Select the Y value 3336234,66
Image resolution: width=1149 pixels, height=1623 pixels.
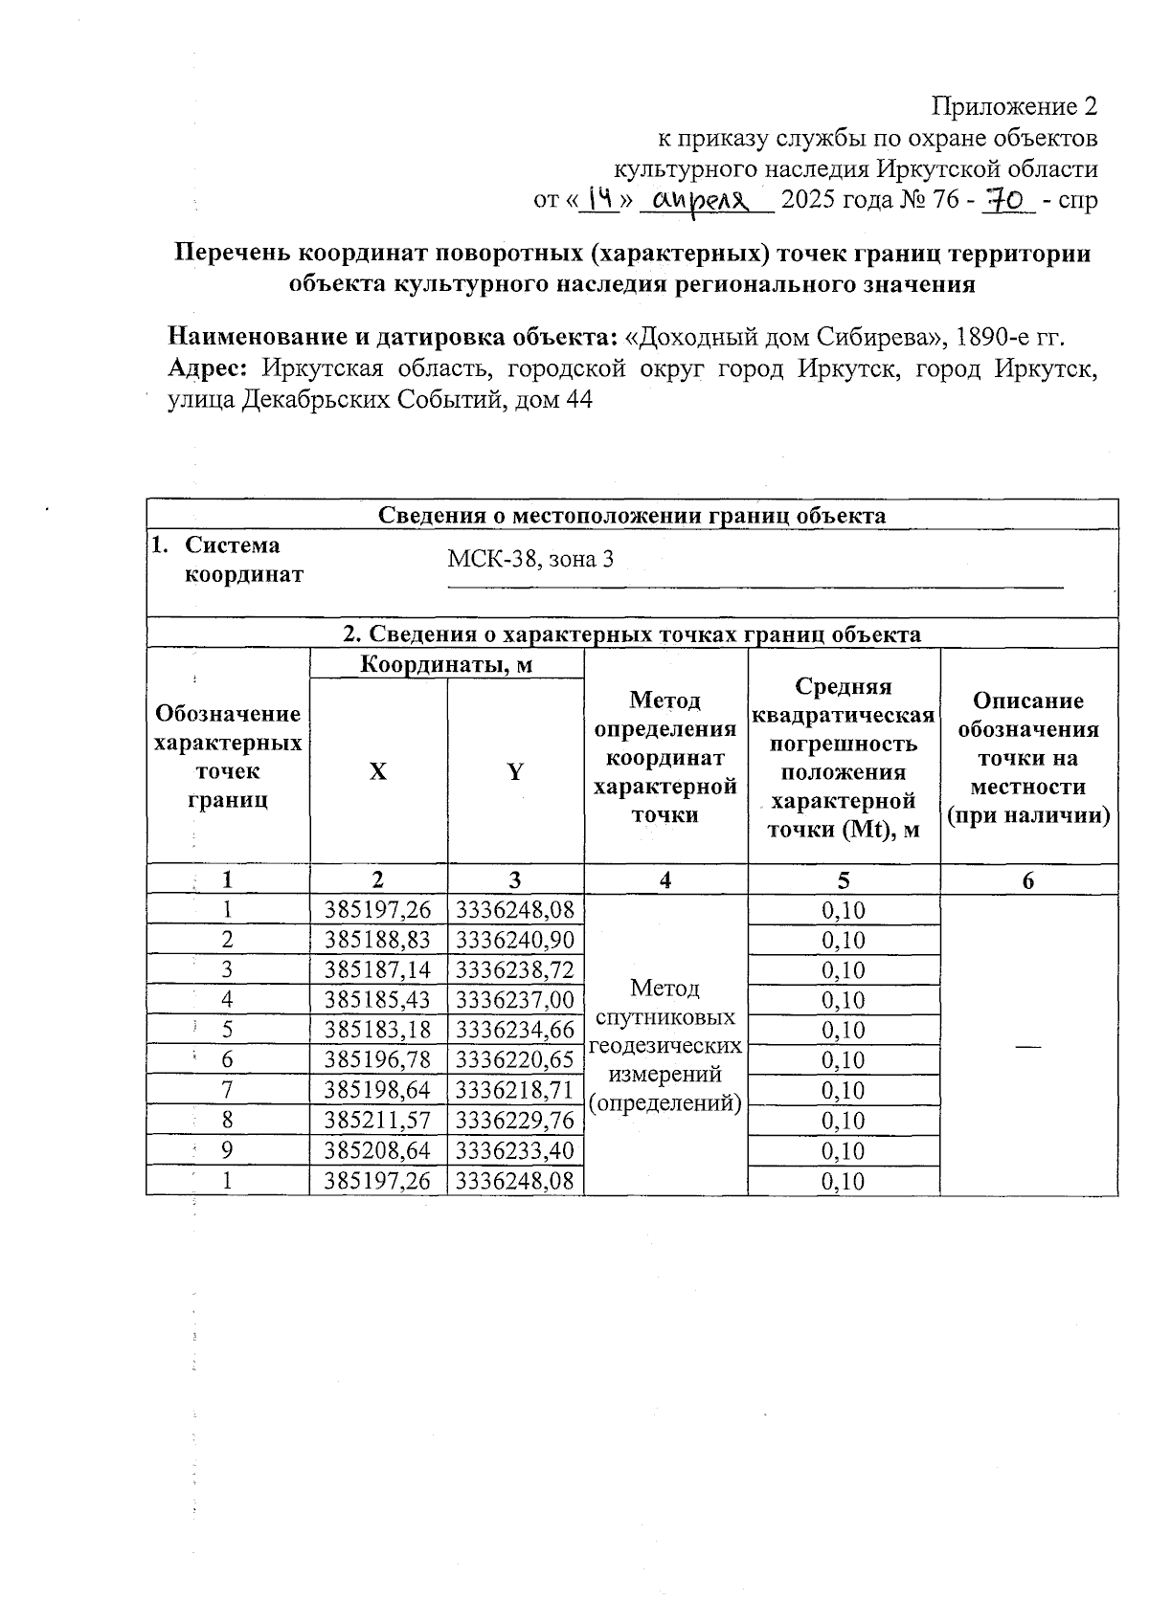pyautogui.click(x=515, y=1030)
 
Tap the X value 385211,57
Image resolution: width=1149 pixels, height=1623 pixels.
pyautogui.click(x=378, y=1120)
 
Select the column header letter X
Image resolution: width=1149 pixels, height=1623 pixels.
pyautogui.click(x=378, y=771)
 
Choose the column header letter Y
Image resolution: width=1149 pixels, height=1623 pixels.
pyautogui.click(x=515, y=771)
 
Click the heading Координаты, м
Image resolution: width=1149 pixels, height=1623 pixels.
pyautogui.click(x=446, y=664)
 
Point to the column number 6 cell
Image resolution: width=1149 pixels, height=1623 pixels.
pyautogui.click(x=1028, y=880)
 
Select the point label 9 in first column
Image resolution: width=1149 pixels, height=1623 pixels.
pyautogui.click(x=228, y=1150)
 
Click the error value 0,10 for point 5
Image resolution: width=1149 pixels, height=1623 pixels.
pyautogui.click(x=844, y=1030)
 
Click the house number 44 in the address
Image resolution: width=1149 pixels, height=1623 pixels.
pyautogui.click(x=578, y=399)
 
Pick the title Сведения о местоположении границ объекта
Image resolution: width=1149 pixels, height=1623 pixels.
pyautogui.click(x=632, y=515)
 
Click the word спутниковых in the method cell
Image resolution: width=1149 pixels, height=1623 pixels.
pyautogui.click(x=665, y=1016)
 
